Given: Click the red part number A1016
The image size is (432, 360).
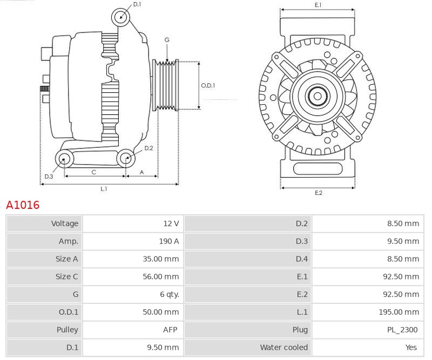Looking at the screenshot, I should pos(23,205).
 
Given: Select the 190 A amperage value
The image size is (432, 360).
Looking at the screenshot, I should pos(168,241).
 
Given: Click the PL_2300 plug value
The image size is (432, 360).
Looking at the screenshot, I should pos(403,329).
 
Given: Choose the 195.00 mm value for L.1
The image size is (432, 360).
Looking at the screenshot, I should pos(399,312).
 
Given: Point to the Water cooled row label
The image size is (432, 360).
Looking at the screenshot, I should pos(283,347).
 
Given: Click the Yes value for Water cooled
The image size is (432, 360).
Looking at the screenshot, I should pos(411,347).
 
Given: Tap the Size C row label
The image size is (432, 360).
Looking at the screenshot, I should pos(66,276).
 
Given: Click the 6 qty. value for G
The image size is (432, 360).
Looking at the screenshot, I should pos(168,294).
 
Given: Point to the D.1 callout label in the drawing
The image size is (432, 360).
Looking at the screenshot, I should pos(137,4).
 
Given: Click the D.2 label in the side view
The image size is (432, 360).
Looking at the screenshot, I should pos(148,148).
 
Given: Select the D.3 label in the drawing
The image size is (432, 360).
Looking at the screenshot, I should pos(49,176).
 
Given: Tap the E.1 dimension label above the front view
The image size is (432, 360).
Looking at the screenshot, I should pos(318,5).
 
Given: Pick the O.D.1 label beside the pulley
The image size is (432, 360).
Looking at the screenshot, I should pos(208,85).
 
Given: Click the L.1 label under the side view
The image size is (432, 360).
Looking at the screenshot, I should pos(104,189).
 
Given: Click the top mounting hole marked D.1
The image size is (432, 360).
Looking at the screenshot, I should pos(121,17).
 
